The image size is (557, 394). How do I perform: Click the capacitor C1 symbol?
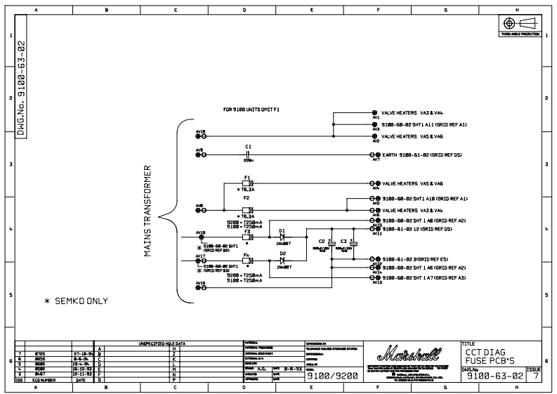tap(248, 154)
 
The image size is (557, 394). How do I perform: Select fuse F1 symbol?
tap(247, 183)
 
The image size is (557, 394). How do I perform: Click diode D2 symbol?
tap(282, 260)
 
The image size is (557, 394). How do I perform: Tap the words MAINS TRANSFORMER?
tap(148, 211)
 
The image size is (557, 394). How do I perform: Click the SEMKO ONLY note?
tap(76, 301)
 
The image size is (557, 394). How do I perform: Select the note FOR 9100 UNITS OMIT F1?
tap(251, 110)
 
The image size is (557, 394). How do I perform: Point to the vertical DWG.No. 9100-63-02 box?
tap(21, 88)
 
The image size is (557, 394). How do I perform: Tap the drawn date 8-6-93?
tap(294, 367)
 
